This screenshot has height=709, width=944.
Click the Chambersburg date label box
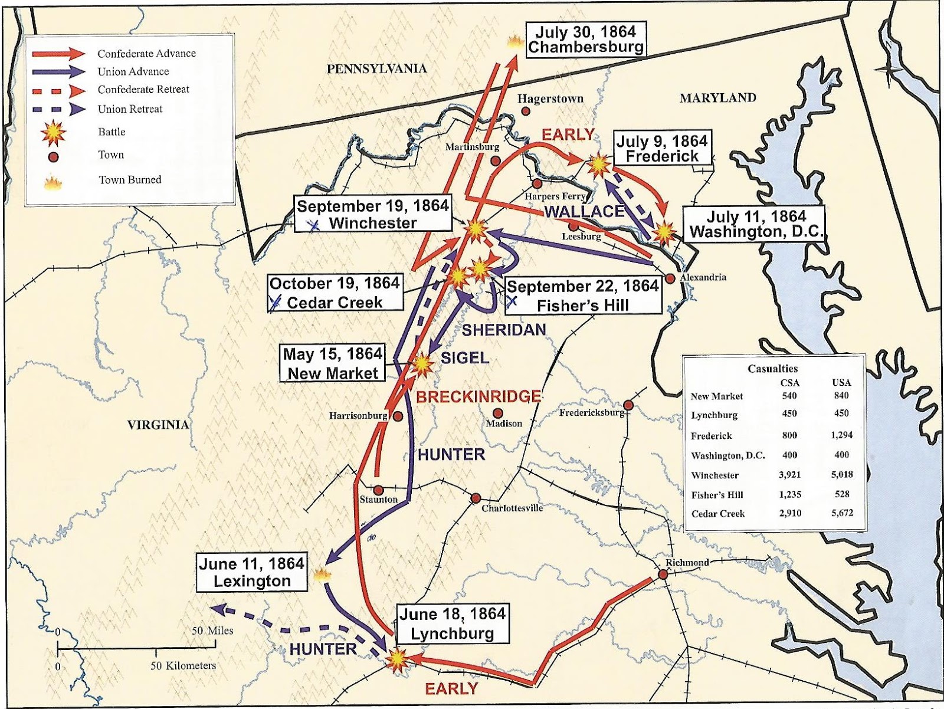point(585,39)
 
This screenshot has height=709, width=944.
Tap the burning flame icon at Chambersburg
point(515,41)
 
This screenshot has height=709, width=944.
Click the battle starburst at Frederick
point(599,165)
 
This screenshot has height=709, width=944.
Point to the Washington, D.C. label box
point(756,224)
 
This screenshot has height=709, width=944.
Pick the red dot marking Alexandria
point(670,278)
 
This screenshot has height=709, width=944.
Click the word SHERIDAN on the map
point(503,330)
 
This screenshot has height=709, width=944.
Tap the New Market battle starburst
point(422,365)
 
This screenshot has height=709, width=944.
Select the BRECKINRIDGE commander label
point(478,396)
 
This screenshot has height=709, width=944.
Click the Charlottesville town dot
point(476,498)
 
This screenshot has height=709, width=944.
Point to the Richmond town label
point(687,562)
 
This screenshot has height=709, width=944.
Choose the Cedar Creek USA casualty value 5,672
point(842,513)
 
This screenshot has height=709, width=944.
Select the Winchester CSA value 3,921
point(789,475)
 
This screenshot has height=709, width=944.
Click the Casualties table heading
point(772,369)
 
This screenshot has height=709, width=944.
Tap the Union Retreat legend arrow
point(59,109)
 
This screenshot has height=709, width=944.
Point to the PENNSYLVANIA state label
point(376,68)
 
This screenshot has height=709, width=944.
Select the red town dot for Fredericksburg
point(630,405)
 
